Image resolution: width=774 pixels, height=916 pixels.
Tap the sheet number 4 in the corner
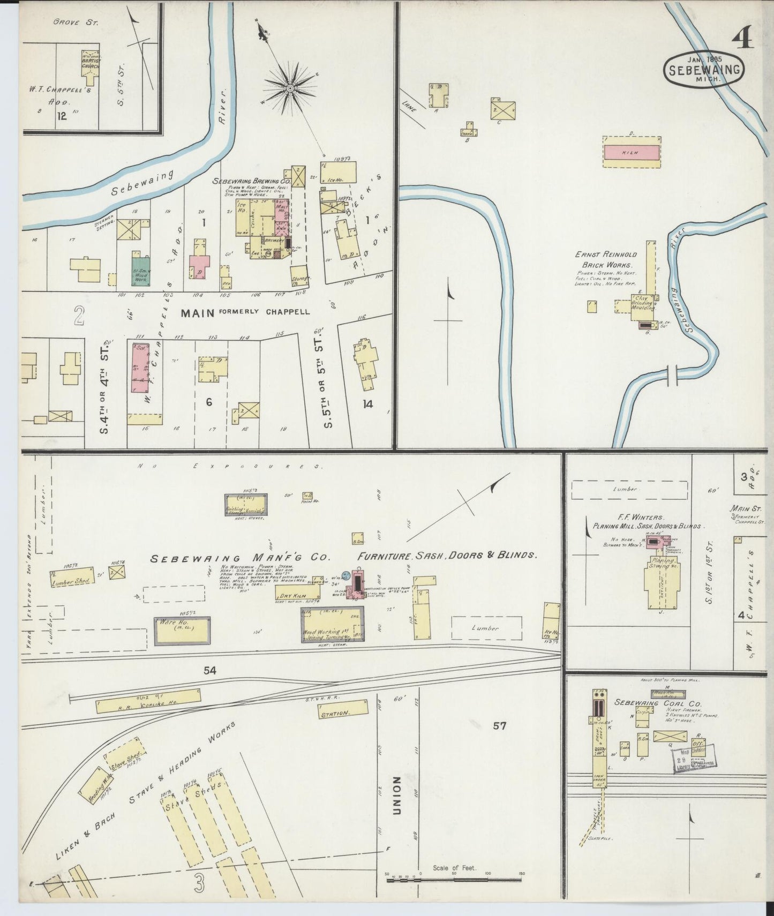741,38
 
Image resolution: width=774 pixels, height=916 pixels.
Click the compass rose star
289,87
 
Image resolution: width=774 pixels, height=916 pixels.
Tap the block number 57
499,726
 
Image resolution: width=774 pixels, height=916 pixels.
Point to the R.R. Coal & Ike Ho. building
148,703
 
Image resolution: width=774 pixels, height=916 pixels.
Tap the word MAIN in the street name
197,312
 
